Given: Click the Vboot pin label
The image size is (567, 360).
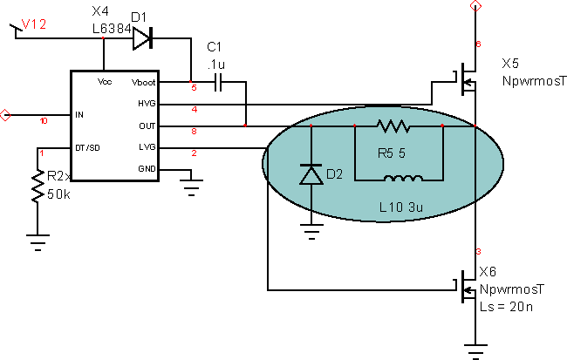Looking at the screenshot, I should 143,83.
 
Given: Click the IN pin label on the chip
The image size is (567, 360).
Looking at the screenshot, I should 80,114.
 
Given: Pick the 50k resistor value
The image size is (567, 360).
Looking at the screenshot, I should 58,194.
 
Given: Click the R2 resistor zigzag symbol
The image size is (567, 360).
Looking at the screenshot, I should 38,187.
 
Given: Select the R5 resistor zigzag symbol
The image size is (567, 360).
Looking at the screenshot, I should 393,126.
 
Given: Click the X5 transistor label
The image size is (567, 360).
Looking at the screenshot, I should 510,64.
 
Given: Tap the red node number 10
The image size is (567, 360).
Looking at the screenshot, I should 44,121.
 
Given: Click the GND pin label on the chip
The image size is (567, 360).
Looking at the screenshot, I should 147,168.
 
